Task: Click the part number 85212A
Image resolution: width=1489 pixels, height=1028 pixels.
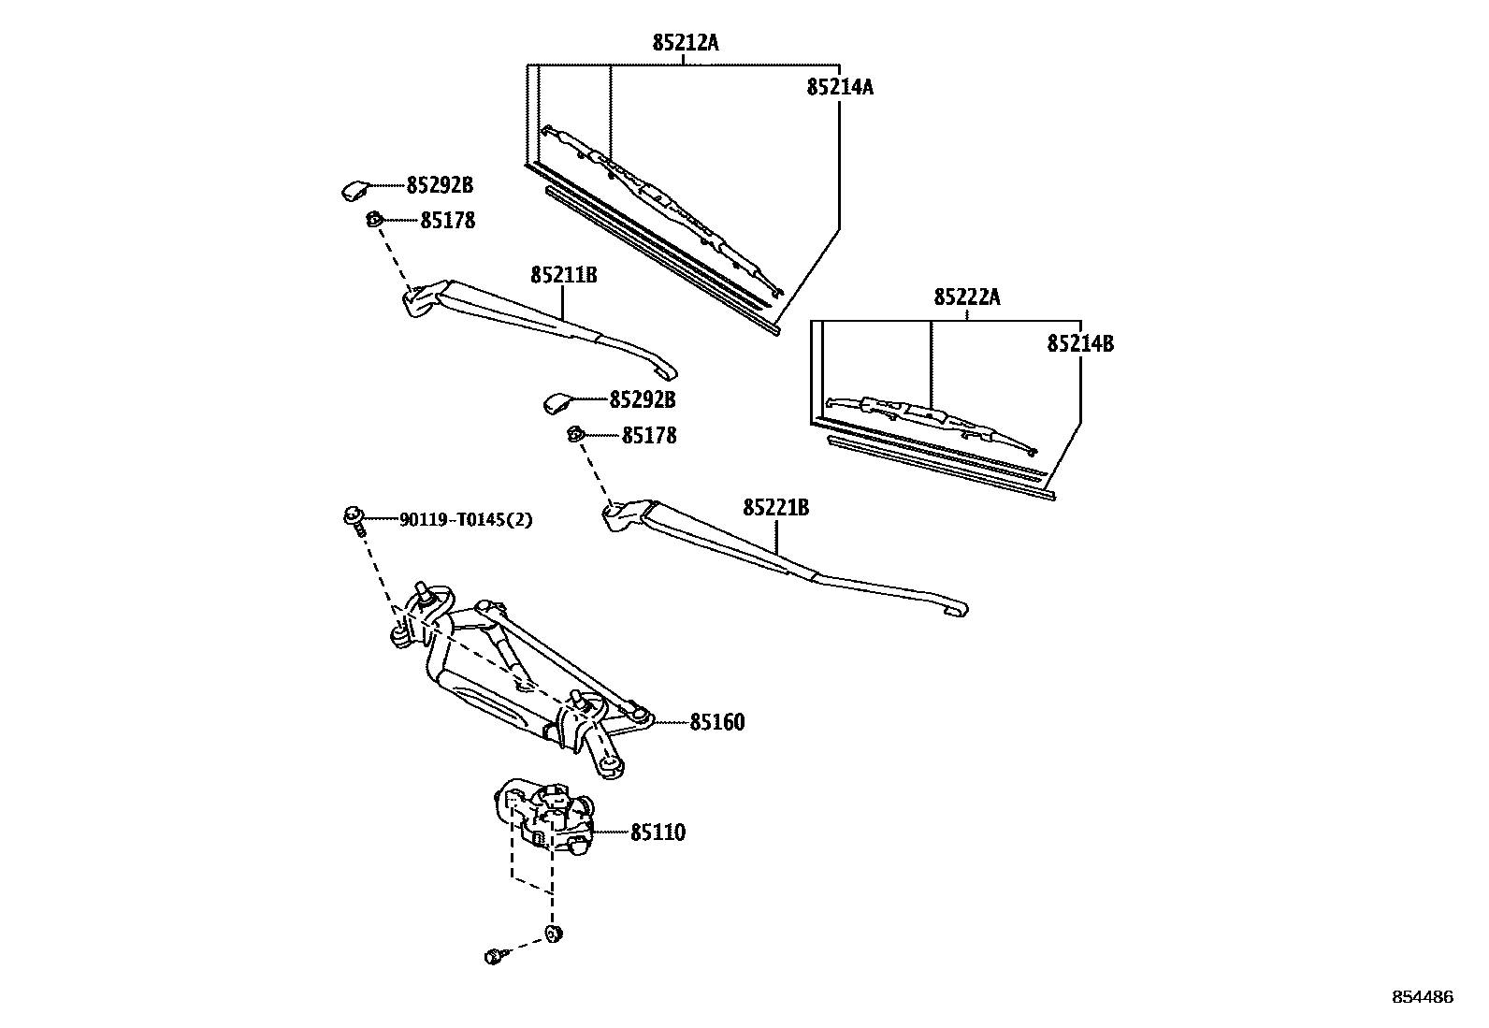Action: [686, 42]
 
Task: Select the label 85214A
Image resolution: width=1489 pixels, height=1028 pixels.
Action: [840, 87]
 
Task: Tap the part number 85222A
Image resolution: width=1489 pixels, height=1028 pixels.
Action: [967, 297]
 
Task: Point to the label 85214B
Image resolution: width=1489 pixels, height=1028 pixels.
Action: [1080, 343]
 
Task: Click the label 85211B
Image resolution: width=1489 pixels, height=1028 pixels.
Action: [563, 275]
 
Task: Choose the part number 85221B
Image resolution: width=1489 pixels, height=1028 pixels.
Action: [776, 508]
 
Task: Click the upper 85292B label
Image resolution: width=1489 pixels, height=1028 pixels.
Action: [440, 185]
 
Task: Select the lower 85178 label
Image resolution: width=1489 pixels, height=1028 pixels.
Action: [649, 436]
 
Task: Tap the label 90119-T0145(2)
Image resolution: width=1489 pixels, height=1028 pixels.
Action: [466, 520]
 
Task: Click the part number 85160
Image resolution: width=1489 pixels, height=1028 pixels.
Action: [717, 722]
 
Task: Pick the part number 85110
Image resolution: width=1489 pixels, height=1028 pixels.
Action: [658, 833]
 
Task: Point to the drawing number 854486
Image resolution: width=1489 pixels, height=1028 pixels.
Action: [1423, 997]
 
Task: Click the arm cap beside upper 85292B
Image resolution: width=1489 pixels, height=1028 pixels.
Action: [355, 190]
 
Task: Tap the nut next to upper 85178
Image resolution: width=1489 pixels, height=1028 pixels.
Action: [372, 221]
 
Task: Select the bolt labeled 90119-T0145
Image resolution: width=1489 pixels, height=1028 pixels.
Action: [354, 518]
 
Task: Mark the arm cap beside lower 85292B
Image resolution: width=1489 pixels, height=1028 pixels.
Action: [557, 403]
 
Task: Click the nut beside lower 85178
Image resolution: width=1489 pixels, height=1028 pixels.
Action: [576, 435]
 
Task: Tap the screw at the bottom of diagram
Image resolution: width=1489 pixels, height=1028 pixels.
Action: [495, 956]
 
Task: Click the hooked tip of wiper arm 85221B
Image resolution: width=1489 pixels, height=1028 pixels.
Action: [958, 609]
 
